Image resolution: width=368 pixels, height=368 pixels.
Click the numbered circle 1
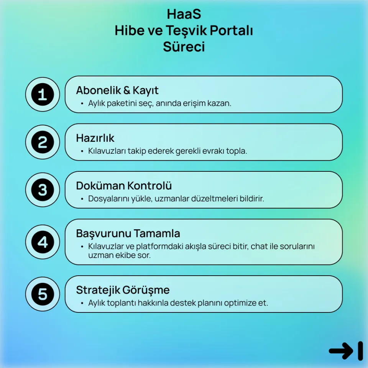[x=43, y=94]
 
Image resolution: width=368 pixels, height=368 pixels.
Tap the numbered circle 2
[x=43, y=142]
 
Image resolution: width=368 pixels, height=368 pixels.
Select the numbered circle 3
[x=43, y=190]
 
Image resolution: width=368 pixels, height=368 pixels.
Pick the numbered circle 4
[x=43, y=242]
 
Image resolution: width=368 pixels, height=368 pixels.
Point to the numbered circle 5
[x=43, y=294]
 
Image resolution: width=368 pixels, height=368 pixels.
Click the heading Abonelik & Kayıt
[x=117, y=90]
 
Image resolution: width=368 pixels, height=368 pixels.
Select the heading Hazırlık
[x=95, y=138]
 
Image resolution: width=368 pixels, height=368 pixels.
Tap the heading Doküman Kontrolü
[x=124, y=186]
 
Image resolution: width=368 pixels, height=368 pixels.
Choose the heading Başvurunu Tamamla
[x=128, y=233]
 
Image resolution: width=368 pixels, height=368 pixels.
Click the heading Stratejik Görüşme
[x=123, y=290]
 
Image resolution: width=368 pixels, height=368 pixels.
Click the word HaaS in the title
[x=184, y=14]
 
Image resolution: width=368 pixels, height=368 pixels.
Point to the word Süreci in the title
[x=184, y=47]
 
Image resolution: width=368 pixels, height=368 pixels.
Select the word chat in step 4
[x=259, y=246]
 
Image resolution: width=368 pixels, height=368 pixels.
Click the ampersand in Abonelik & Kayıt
[x=127, y=91]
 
